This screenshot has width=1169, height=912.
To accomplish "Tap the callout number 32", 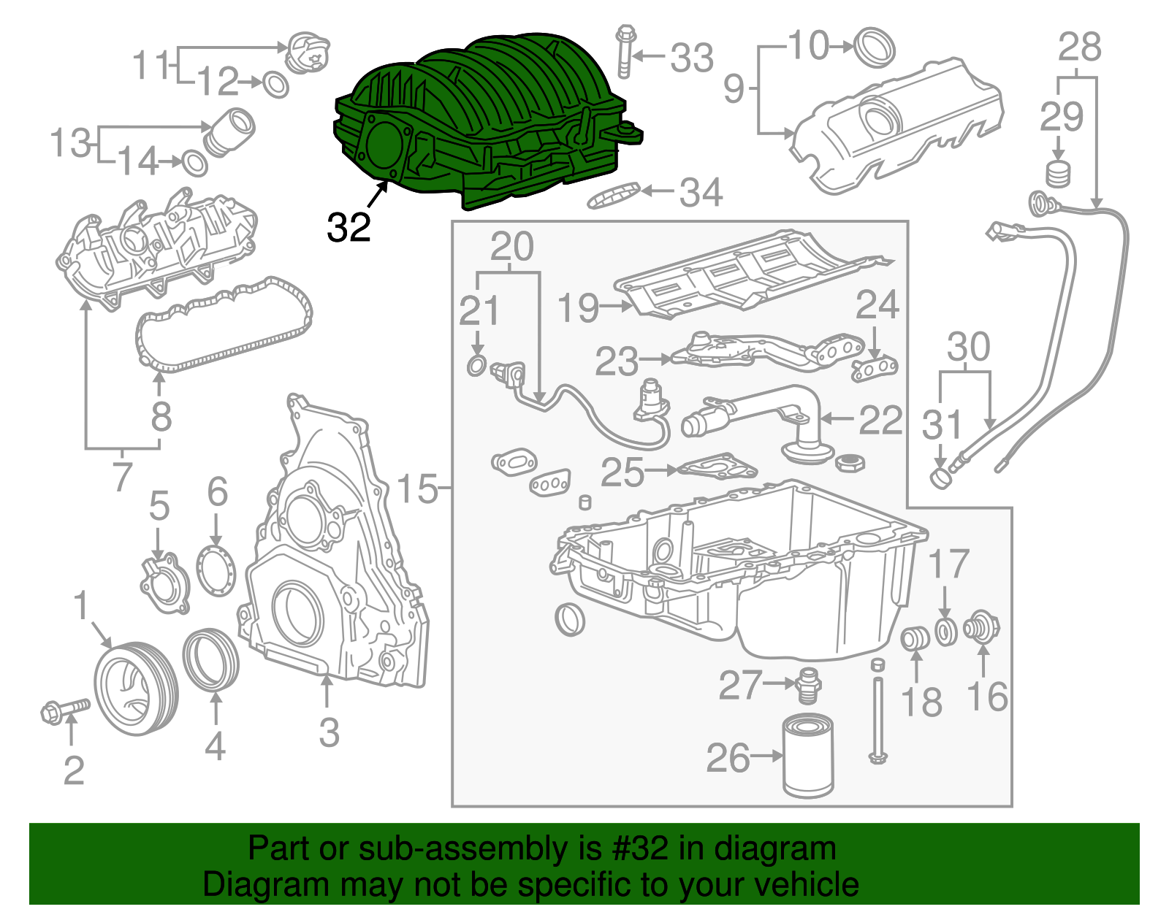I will click(349, 228).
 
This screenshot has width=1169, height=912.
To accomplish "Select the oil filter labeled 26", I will click(807, 756).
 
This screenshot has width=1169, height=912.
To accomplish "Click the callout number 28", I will click(1080, 48).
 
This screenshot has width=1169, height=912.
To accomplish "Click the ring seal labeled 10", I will click(875, 47).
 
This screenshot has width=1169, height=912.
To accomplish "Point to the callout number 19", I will click(577, 307).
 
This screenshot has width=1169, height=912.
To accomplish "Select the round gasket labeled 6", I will click(216, 570).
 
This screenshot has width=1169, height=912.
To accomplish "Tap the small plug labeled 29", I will click(1056, 175).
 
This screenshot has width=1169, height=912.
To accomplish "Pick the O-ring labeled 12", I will click(275, 85).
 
